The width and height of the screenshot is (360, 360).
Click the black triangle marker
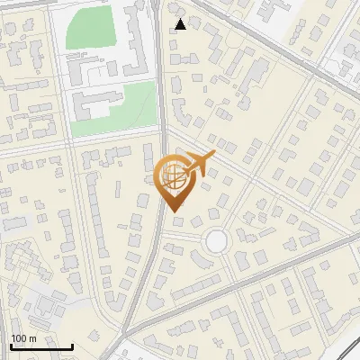pos(181,24)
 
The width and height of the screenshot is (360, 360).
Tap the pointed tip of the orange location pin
pos(173,211)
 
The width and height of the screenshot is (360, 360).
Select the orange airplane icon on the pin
pos(197,165)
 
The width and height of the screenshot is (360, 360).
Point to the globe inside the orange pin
pos(172,175)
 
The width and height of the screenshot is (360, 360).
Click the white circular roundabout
pos(216,241)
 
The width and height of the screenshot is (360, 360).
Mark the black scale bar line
pos(40,347)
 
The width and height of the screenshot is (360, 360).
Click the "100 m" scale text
pos(23,338)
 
